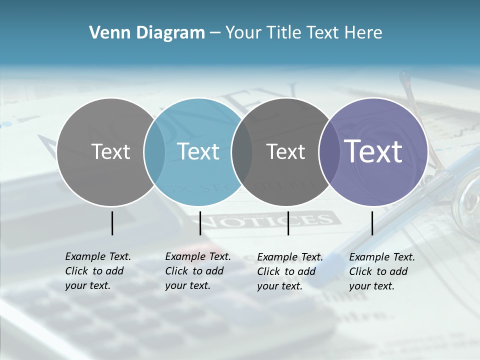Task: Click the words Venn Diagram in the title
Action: click(x=147, y=33)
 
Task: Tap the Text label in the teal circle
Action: click(x=198, y=151)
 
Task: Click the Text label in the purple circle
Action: click(x=373, y=151)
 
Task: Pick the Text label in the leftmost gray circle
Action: click(x=110, y=151)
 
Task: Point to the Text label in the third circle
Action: click(x=286, y=151)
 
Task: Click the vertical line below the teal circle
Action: click(x=200, y=223)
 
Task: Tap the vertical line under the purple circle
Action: click(x=372, y=223)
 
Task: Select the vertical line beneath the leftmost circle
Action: click(x=112, y=223)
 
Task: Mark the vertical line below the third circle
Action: click(x=288, y=223)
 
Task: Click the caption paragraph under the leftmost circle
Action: click(x=97, y=271)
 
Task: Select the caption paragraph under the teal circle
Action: click(x=197, y=271)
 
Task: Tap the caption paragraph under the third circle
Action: click(x=289, y=271)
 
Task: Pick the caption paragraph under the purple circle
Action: click(x=381, y=271)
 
